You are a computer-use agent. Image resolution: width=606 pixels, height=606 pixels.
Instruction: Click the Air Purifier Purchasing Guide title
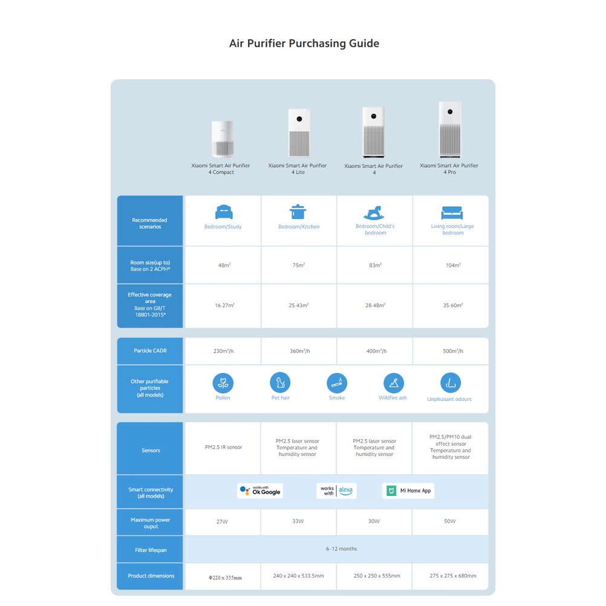304,44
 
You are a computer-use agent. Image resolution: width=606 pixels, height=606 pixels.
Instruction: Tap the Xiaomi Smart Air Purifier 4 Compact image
221,139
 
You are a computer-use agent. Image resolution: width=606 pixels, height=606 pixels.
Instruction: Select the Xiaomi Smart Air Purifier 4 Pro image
449,129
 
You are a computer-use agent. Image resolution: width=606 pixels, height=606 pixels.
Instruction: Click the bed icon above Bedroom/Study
224,212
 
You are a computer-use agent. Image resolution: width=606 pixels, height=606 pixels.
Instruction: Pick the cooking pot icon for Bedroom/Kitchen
298,212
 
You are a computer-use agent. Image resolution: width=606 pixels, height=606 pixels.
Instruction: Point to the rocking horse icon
374,212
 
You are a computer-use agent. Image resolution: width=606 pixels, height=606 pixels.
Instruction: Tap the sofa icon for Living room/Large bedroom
452,212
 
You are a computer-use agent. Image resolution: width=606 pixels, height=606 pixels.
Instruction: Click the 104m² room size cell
452,266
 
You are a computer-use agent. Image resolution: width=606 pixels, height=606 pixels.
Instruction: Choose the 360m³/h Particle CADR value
299,351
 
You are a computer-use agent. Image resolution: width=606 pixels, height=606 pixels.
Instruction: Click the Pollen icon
223,383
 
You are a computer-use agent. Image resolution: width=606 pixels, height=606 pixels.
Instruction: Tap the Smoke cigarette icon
337,383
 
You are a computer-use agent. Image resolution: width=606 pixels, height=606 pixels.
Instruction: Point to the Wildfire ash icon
394,383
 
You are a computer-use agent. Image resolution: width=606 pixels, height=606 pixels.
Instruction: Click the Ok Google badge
260,490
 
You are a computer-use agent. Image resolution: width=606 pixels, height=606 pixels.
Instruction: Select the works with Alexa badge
336,490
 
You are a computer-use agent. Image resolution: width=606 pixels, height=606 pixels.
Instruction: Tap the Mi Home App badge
408,490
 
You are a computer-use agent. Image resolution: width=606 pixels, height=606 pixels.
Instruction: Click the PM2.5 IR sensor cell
223,448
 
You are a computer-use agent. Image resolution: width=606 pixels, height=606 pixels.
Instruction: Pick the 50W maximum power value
450,521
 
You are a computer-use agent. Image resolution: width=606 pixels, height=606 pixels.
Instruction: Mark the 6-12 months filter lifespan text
342,549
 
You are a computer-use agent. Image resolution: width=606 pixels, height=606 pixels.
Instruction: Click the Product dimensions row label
151,576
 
